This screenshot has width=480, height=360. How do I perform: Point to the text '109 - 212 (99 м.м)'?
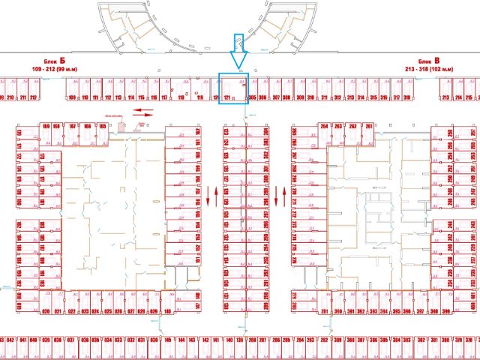pyautogui.click(x=61, y=70)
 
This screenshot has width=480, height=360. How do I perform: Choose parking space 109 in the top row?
pyautogui.click(x=73, y=97)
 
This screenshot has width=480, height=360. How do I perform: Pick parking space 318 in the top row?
pyautogui.click(x=407, y=97)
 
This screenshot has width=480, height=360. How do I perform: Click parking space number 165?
pyautogui.click(x=102, y=126)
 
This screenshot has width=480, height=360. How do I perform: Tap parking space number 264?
pyautogui.click(x=325, y=126)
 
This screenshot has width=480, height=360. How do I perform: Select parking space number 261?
pyautogui.click(x=368, y=126)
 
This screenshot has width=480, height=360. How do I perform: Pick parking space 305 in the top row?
pyautogui.click(x=253, y=97)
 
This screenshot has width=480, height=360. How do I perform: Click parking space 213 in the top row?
pyautogui.click(x=445, y=97)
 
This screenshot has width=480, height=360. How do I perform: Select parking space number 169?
pyautogui.click(x=46, y=126)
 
